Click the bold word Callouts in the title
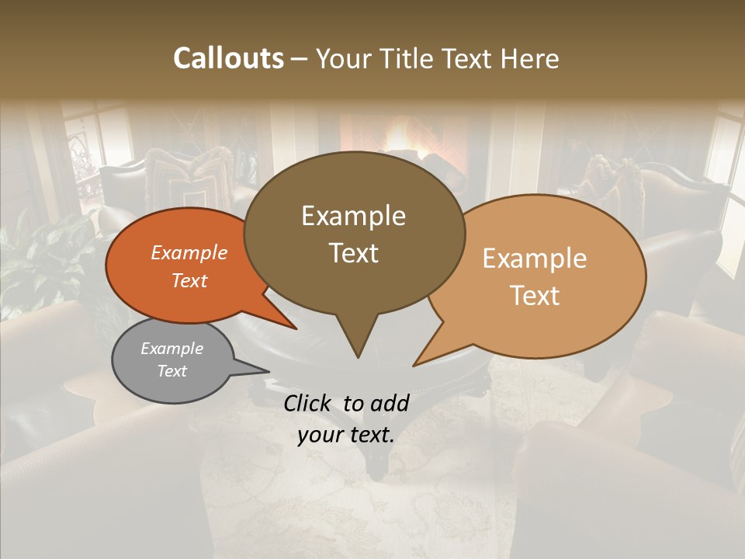tap(228, 58)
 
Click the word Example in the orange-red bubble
tap(189, 252)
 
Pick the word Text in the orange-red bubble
tap(189, 280)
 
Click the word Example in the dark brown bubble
tap(353, 216)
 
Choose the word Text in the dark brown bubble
tap(353, 253)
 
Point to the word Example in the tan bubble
tap(535, 259)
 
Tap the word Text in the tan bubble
tap(535, 296)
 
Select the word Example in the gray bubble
tap(172, 349)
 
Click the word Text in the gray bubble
tap(172, 371)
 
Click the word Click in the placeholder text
tap(309, 403)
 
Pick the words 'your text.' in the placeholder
tap(346, 436)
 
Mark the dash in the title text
tap(300, 59)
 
